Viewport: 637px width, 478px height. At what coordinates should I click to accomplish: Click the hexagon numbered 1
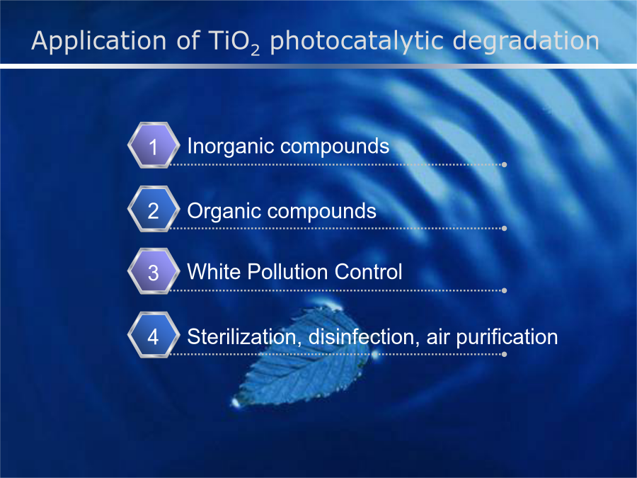pyautogui.click(x=154, y=145)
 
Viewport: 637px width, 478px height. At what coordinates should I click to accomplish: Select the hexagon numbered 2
pyautogui.click(x=154, y=209)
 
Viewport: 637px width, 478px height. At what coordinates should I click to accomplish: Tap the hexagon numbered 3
pyautogui.click(x=154, y=271)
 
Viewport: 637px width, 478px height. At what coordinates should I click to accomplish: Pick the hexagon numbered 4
pyautogui.click(x=154, y=335)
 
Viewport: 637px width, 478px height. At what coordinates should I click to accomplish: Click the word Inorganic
pyautogui.click(x=230, y=147)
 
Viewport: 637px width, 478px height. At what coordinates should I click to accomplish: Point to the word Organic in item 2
pyautogui.click(x=224, y=211)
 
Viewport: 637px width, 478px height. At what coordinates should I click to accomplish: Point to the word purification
pyautogui.click(x=507, y=337)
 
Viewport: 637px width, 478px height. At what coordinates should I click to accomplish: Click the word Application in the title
pyautogui.click(x=98, y=42)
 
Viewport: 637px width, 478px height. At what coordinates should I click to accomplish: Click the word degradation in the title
pyautogui.click(x=526, y=42)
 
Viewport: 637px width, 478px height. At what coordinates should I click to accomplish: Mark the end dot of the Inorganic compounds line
pyautogui.click(x=504, y=164)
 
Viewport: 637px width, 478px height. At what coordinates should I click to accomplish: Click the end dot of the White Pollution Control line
pyautogui.click(x=504, y=290)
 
